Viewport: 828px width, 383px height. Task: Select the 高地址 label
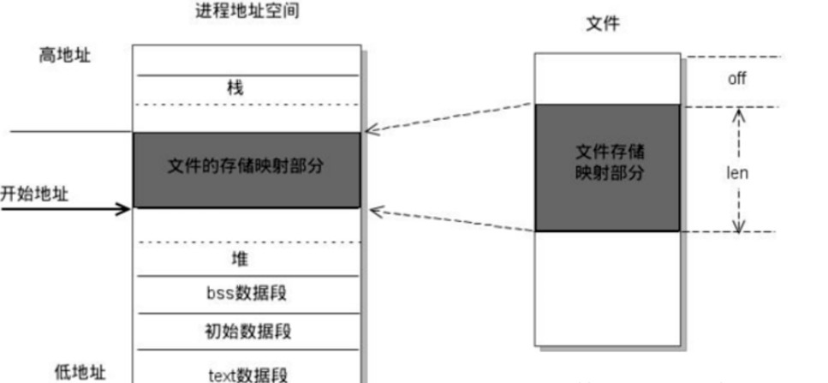click(x=64, y=56)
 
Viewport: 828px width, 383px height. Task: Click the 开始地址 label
click(x=34, y=193)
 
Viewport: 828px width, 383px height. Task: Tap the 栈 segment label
click(x=247, y=87)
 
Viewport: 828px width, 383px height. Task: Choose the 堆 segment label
click(x=247, y=258)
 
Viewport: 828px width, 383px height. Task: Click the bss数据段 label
click(x=247, y=293)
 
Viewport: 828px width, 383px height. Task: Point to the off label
click(x=737, y=78)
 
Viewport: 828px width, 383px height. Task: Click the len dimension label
click(x=737, y=172)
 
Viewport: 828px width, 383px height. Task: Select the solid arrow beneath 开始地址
click(x=69, y=207)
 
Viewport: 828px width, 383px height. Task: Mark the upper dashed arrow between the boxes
click(x=450, y=119)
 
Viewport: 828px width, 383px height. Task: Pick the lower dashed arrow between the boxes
click(x=450, y=219)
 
